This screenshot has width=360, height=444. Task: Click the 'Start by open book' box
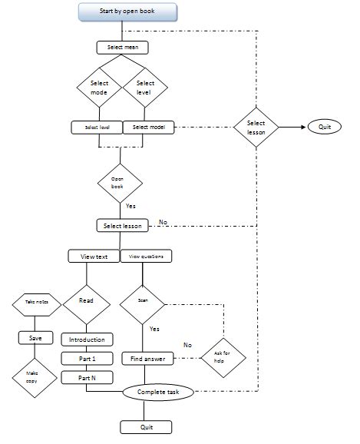pyautogui.click(x=127, y=12)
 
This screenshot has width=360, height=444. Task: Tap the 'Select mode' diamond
pyautogui.click(x=99, y=88)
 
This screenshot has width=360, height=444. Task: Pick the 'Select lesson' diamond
pyautogui.click(x=257, y=127)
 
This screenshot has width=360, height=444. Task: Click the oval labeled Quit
pyautogui.click(x=325, y=127)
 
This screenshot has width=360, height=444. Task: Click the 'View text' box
pyautogui.click(x=93, y=256)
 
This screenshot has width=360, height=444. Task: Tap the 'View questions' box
pyautogui.click(x=146, y=256)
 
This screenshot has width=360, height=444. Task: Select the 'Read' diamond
pyautogui.click(x=86, y=301)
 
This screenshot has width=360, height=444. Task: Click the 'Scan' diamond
pyautogui.click(x=143, y=302)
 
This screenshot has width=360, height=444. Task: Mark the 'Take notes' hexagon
pyautogui.click(x=32, y=304)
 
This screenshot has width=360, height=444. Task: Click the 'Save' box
pyautogui.click(x=35, y=338)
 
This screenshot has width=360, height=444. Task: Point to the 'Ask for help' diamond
pyautogui.click(x=220, y=357)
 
